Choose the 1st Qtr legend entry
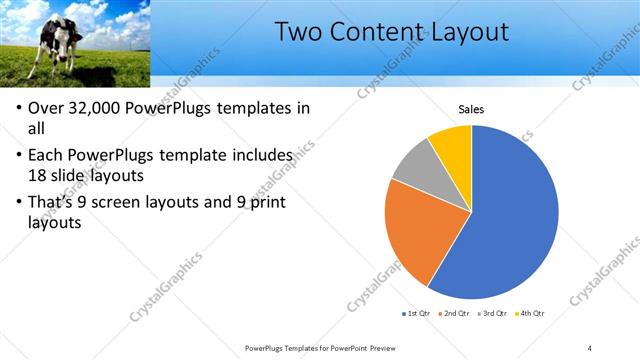[x=417, y=314]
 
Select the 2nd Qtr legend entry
[x=456, y=314]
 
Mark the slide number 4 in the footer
[x=589, y=347]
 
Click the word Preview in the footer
[x=391, y=347]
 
